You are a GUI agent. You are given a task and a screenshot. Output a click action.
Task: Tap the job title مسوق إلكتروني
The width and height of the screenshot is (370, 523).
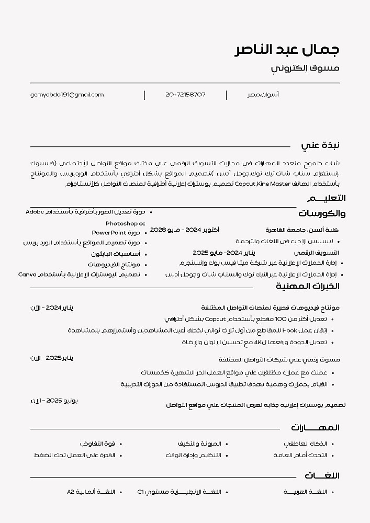305,69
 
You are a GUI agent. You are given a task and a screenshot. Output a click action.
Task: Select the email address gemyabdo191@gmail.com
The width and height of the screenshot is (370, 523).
67,95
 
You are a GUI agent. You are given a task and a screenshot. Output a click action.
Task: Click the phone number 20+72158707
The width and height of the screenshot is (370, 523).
185,95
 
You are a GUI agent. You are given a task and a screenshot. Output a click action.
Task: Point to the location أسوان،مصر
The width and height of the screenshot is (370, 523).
263,95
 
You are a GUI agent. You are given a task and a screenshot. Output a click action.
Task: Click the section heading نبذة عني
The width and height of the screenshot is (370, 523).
320,145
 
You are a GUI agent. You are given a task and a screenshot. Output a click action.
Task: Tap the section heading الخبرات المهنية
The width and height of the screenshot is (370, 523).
308,286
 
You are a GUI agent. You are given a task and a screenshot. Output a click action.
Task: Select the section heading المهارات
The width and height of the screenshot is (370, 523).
315,428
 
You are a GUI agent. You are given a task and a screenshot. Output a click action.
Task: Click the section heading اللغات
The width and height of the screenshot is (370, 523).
322,475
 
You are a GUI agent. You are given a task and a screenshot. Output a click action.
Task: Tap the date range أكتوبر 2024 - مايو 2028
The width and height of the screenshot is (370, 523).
185,230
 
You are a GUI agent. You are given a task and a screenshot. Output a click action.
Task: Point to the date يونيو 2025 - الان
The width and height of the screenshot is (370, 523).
54,400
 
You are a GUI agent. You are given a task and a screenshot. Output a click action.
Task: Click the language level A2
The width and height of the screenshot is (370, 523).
72,492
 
